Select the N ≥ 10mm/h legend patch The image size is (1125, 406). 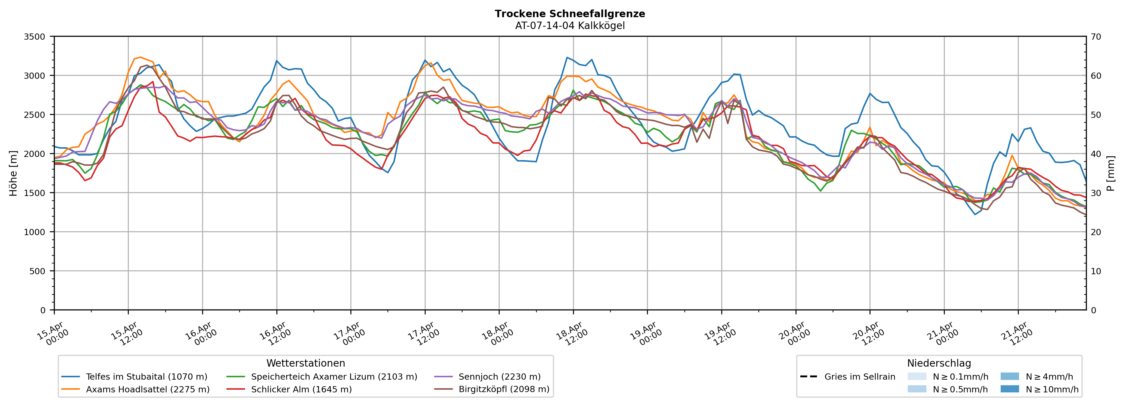coord(1009,389)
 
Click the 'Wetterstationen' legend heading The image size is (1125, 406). coord(306,363)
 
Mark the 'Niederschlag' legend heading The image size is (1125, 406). coord(939,363)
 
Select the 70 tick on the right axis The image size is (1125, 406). coord(1096,37)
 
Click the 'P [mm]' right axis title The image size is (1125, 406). coord(1111,173)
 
